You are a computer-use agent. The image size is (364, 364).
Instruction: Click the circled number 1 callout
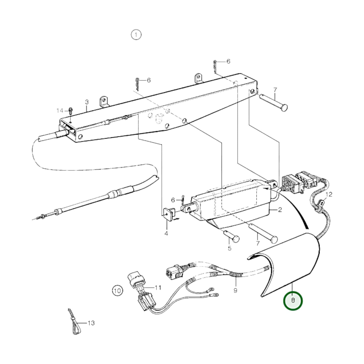click(136, 35)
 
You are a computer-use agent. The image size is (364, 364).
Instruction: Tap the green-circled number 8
click(293, 300)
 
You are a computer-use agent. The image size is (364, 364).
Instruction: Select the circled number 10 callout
click(117, 291)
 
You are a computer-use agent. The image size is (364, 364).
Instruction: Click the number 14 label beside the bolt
click(60, 111)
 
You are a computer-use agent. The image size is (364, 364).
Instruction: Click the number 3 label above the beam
click(87, 102)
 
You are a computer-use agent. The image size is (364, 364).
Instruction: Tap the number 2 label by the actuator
click(280, 210)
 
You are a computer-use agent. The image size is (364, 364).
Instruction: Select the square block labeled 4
click(169, 213)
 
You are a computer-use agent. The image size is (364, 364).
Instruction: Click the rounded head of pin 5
click(236, 239)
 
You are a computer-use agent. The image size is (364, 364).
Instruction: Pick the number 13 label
click(91, 323)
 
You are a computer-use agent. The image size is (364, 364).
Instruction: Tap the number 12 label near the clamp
click(329, 194)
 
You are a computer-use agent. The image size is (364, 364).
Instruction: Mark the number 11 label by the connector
click(158, 287)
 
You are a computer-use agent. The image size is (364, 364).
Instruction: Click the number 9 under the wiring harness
click(235, 291)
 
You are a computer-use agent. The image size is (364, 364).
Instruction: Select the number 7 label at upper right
click(275, 90)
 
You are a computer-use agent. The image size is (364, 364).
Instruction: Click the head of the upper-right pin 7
click(284, 108)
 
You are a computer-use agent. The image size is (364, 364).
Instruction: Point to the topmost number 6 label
click(228, 61)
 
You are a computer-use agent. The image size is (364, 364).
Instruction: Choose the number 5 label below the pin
click(229, 248)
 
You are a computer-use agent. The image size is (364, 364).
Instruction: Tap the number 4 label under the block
click(166, 234)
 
